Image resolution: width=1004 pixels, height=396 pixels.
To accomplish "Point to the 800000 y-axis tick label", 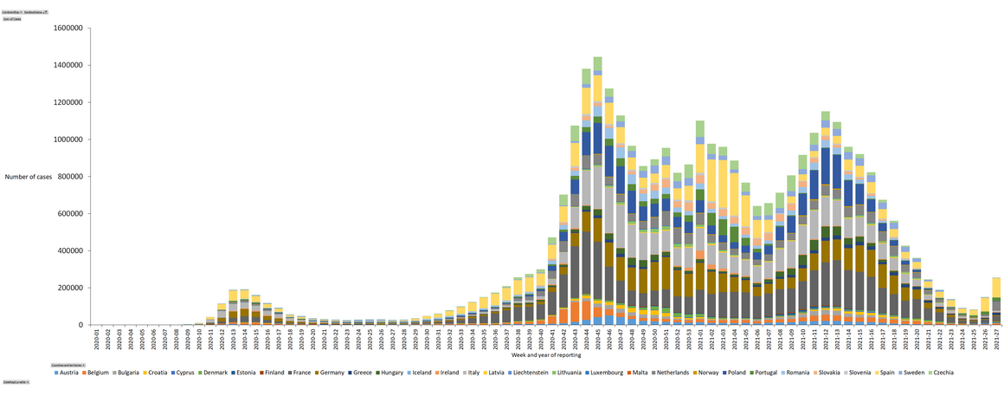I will pyautogui.click(x=69, y=177).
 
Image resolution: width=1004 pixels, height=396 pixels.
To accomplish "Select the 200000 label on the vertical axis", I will pyautogui.click(x=69, y=289).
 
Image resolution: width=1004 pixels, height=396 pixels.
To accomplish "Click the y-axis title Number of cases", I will pyautogui.click(x=28, y=177).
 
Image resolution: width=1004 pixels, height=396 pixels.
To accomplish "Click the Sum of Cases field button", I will pyautogui.click(x=12, y=18).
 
